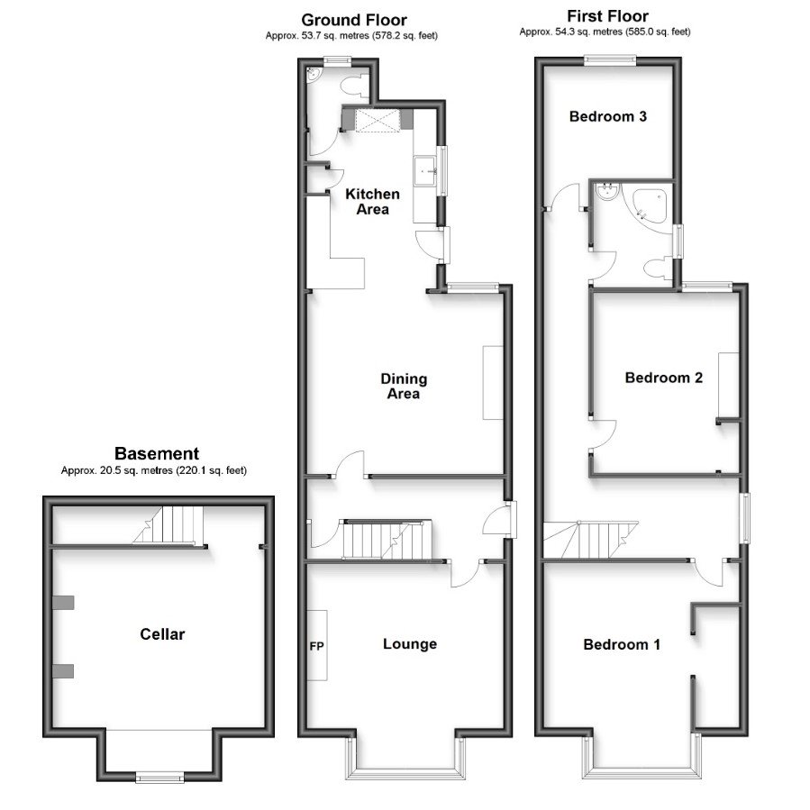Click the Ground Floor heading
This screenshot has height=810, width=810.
pos(353,20)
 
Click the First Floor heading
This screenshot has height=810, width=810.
pos(606,16)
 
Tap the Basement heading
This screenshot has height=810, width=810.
pos(156,453)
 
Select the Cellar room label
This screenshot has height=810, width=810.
pos(162,634)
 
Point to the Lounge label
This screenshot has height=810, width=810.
pos(409,643)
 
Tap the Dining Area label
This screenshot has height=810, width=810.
pos(403,386)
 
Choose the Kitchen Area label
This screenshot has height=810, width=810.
pos(372,202)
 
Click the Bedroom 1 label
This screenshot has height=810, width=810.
pos(622,644)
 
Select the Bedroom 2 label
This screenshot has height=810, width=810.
pos(663,378)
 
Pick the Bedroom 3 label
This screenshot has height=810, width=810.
pos(608,116)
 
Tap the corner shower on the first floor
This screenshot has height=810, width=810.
pos(651,205)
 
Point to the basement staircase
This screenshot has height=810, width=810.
pos(171,525)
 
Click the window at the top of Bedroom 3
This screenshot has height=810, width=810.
pos(609,60)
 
